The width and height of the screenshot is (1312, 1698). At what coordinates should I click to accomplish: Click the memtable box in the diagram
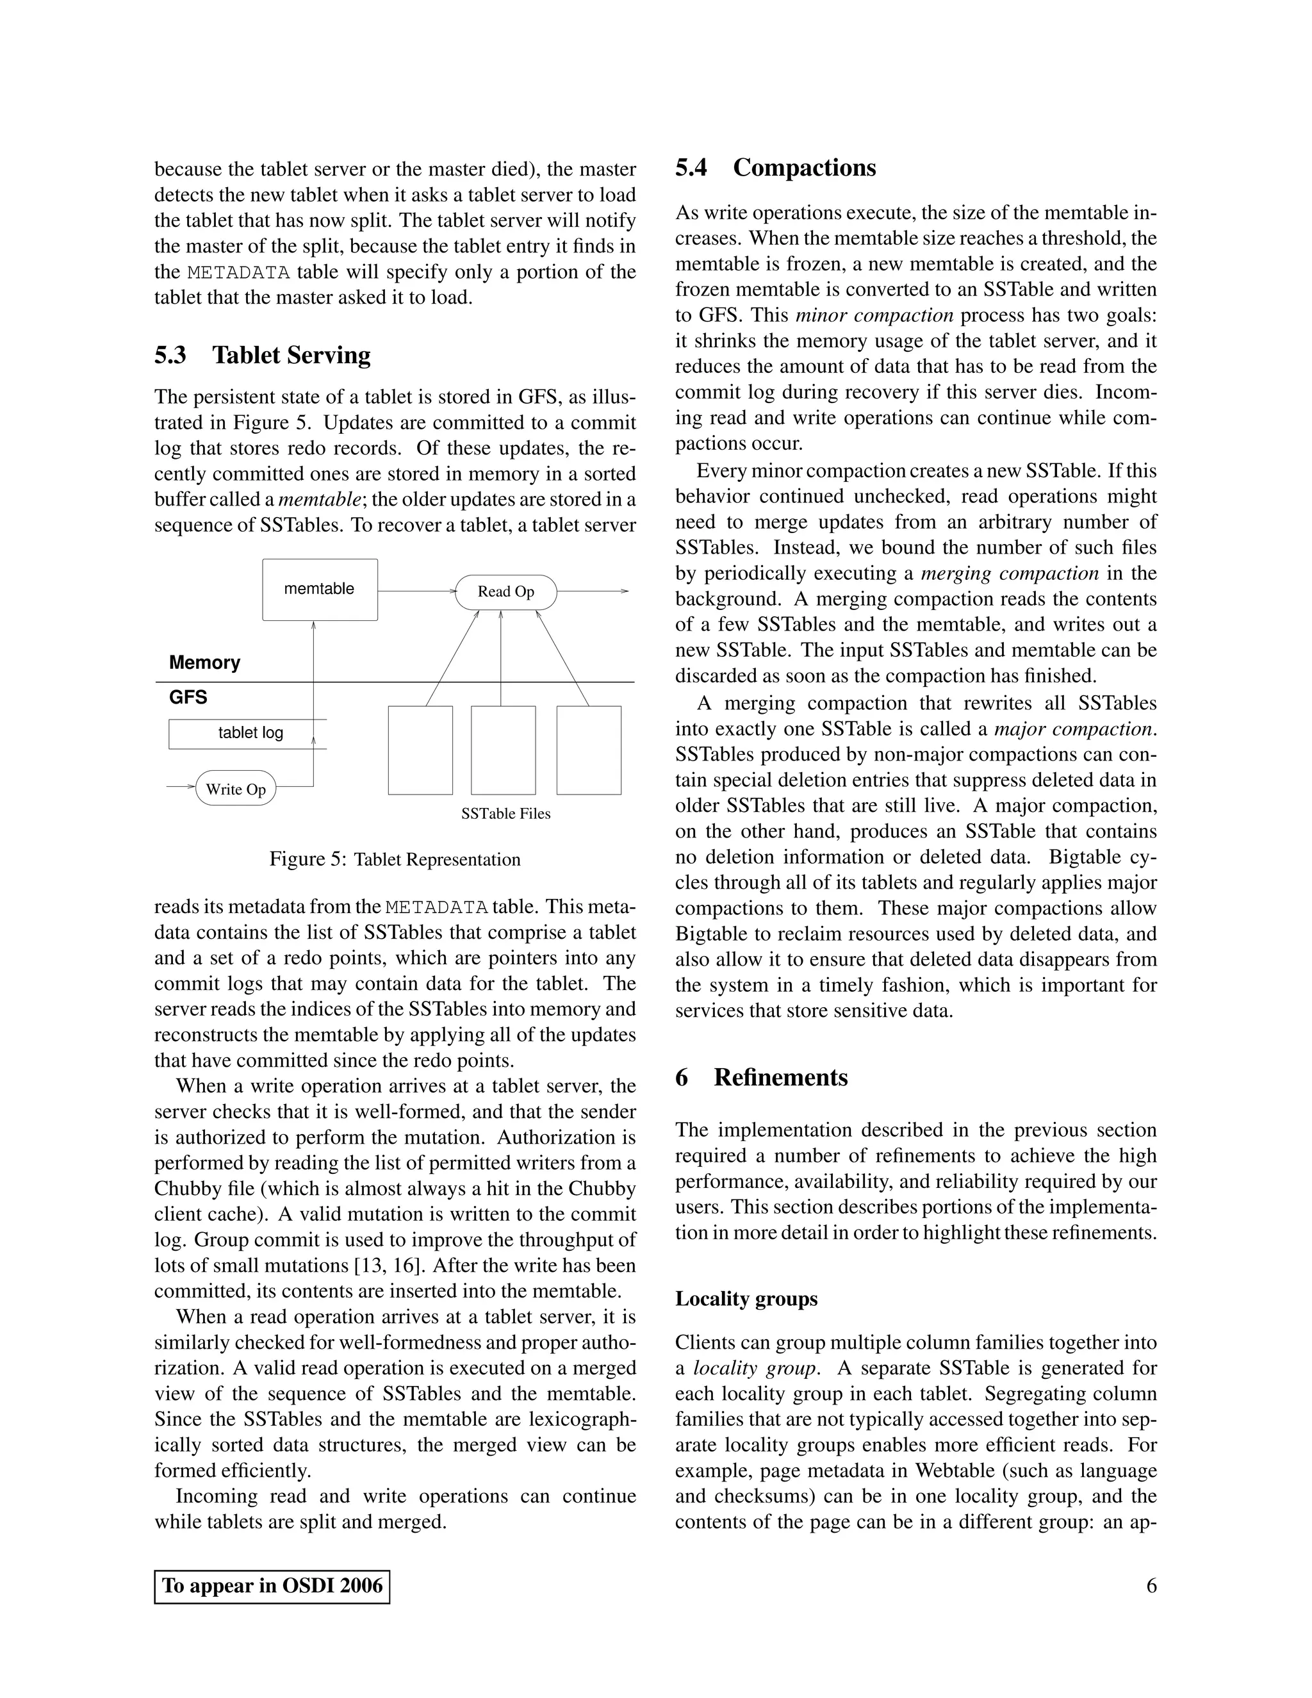(320, 589)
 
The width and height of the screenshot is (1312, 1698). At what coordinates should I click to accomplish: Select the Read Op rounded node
(506, 591)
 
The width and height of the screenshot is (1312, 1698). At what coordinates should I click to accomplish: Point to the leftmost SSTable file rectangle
(420, 750)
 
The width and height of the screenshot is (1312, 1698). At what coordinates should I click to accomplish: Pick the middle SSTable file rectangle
(503, 750)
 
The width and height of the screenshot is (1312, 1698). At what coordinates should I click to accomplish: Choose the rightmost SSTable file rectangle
(588, 750)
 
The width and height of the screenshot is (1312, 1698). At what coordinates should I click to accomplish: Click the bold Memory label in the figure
(204, 663)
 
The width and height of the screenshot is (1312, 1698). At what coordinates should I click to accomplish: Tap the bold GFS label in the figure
(188, 697)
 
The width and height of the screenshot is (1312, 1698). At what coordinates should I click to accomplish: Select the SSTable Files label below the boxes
(505, 814)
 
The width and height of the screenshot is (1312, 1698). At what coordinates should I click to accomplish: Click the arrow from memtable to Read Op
(416, 591)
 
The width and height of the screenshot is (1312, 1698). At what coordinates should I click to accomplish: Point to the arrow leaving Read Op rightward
(593, 591)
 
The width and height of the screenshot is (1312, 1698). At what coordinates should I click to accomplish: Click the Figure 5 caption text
(395, 859)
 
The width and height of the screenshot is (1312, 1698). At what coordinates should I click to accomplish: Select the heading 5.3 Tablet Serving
(262, 356)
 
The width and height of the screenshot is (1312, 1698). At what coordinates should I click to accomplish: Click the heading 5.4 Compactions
(775, 168)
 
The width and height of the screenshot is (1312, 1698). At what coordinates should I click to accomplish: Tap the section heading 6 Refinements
(761, 1078)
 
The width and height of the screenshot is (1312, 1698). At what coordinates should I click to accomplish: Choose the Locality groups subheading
(746, 1299)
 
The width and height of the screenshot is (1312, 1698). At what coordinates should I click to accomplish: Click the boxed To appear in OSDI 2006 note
(272, 1586)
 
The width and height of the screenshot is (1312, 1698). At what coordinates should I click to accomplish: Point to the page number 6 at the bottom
(1151, 1586)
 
